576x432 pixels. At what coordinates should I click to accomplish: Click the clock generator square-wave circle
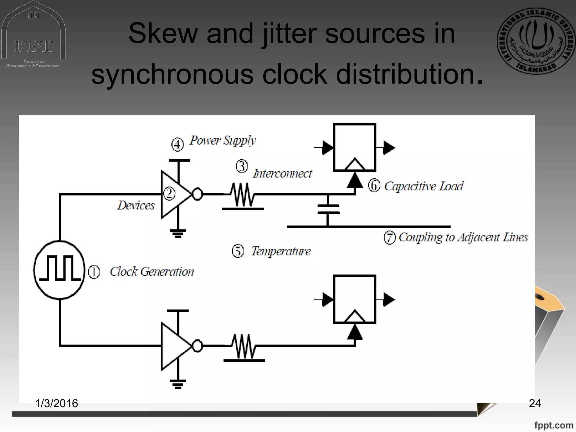[x=59, y=270]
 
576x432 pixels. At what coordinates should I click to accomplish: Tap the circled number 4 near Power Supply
[x=177, y=145]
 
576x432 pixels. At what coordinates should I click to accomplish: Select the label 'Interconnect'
[x=282, y=174]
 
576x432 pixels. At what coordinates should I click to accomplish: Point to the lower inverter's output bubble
[x=197, y=346]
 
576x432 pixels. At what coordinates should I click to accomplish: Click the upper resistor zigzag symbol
[x=242, y=195]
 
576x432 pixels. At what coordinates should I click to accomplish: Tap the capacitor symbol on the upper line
[x=328, y=210]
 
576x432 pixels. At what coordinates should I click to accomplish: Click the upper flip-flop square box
[x=355, y=147]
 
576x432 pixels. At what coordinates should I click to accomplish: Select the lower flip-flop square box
[x=355, y=299]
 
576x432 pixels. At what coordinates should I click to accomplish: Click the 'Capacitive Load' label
[x=424, y=186]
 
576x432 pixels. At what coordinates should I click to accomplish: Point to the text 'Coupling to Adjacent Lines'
[x=463, y=237]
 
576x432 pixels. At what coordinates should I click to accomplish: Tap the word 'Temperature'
[x=281, y=251]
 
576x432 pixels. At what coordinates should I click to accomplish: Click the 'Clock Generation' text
[x=152, y=272]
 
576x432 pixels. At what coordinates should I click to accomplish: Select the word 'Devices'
[x=136, y=205]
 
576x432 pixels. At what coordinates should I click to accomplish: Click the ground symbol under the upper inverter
[x=178, y=233]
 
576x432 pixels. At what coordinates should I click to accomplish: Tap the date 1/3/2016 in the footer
[x=56, y=403]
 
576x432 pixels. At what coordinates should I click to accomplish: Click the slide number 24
[x=535, y=403]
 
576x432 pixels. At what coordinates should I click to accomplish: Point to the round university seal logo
[x=536, y=41]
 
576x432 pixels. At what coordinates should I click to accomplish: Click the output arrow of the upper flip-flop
[x=389, y=148]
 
